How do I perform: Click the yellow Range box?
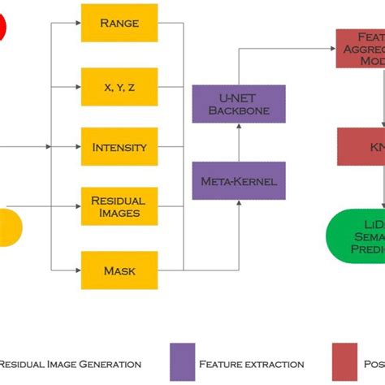pos(119,23)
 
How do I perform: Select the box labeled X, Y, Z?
pos(119,85)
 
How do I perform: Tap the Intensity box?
pos(119,147)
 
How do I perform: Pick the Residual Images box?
pos(119,206)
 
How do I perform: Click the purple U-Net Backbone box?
pos(239,103)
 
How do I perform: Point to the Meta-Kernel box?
pos(239,180)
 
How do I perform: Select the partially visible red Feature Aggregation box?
pos(360,48)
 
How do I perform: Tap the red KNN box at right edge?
pos(362,146)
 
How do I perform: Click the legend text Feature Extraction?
pos(251,365)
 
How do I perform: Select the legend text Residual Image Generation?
pos(71,365)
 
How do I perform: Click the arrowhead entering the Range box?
pos(77,23)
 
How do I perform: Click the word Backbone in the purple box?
pos(239,110)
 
